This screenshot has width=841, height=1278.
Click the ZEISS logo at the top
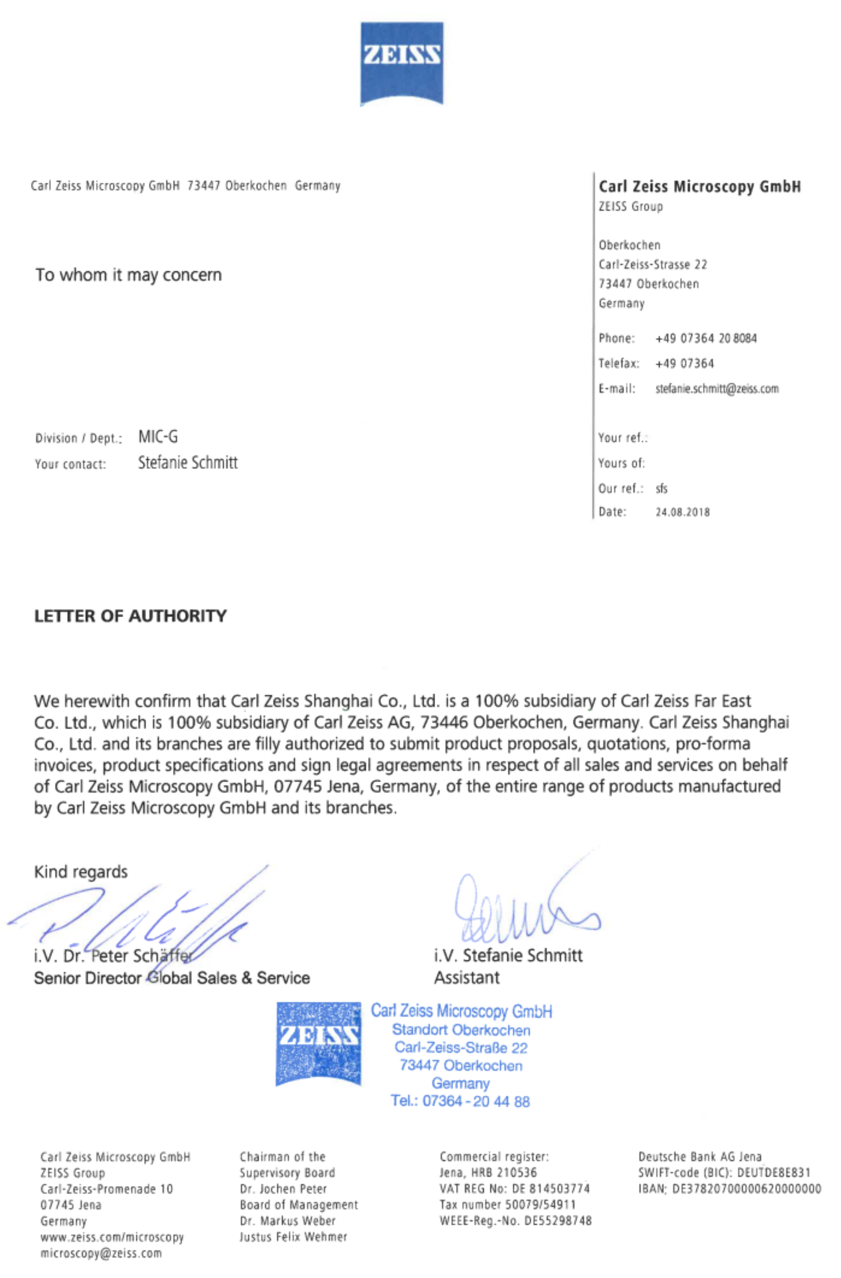[402, 63]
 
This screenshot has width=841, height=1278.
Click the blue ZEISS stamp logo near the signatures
[318, 1044]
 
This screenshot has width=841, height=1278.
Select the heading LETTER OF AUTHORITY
[131, 616]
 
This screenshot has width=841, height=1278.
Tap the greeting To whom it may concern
[128, 275]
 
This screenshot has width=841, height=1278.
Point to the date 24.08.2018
[683, 512]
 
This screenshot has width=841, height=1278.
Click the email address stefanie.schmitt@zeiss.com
[717, 389]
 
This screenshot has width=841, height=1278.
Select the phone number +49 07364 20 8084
[706, 338]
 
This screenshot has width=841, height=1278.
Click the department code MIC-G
[158, 437]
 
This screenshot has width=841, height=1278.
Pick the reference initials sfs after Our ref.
[661, 488]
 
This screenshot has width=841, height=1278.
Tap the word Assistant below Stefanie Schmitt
[467, 977]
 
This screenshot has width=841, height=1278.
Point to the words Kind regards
[81, 871]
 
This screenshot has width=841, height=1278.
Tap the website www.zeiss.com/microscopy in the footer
[112, 1237]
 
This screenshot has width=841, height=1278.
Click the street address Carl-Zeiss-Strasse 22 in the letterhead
[653, 264]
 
